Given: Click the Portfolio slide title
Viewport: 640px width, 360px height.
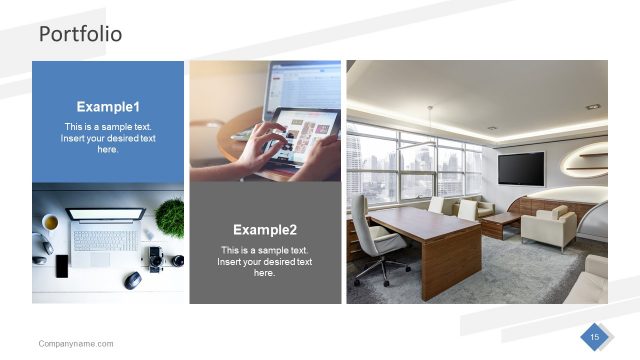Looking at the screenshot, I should (x=80, y=34).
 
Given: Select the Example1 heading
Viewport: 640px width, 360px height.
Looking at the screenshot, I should (x=108, y=107).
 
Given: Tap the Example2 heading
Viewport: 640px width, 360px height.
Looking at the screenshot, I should (x=265, y=229).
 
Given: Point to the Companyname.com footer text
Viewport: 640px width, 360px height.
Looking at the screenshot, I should (x=76, y=344).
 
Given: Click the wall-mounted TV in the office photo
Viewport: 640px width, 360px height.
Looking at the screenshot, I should (x=521, y=167).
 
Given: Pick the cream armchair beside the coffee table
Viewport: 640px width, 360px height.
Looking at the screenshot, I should (x=548, y=229).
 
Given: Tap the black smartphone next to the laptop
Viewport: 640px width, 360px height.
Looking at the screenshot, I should (x=62, y=266).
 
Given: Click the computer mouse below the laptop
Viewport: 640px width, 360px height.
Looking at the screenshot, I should (x=132, y=280).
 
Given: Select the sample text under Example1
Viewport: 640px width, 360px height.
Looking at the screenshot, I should (x=108, y=138).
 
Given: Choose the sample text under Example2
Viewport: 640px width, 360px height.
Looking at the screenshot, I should (x=265, y=261).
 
